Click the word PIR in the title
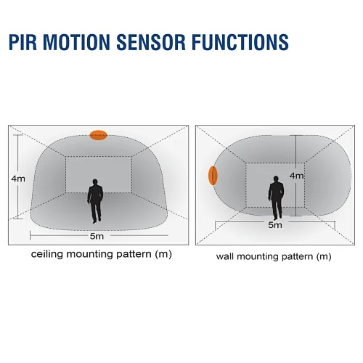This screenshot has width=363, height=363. (x=23, y=42)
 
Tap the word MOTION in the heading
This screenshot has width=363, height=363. (x=77, y=42)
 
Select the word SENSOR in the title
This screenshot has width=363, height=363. (x=151, y=42)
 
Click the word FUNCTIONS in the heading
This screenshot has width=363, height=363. (x=240, y=42)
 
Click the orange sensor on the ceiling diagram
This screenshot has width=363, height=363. (x=99, y=135)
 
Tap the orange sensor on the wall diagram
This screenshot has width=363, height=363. (x=213, y=176)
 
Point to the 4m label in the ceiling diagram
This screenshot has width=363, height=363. (x=18, y=179)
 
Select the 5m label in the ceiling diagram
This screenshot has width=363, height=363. (x=97, y=236)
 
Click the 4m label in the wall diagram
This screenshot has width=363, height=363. (x=297, y=176)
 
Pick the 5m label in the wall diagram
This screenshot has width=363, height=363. (x=275, y=225)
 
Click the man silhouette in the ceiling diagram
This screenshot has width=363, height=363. (x=95, y=201)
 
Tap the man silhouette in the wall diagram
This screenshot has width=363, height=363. (x=276, y=198)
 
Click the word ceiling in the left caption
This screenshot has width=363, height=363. (x=47, y=254)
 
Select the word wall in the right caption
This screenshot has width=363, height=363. (x=225, y=256)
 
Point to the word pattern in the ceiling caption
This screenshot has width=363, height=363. (x=134, y=254)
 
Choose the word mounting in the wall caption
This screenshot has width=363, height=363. (x=258, y=256)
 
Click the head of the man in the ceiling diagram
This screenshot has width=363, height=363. (x=95, y=181)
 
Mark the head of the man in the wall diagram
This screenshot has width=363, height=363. (x=276, y=179)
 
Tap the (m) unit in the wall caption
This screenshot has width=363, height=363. (x=324, y=256)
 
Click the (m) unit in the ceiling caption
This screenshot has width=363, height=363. (x=163, y=254)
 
